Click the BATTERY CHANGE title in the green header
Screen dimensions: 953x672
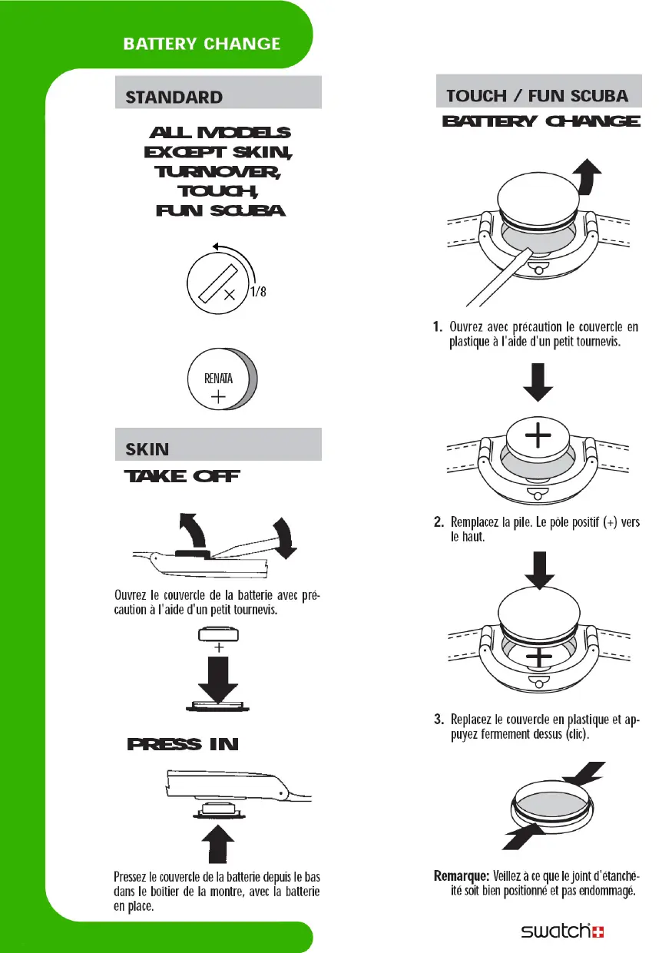[x=202, y=44]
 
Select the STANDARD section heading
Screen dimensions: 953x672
[x=174, y=98]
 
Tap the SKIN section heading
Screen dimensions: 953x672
[x=147, y=448]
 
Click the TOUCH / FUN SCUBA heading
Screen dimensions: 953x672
[x=538, y=96]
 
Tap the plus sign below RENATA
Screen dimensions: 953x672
[x=219, y=397]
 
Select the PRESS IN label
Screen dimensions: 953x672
[x=183, y=744]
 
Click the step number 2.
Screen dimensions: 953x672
[x=439, y=523]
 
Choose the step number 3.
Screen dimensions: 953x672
[x=439, y=720]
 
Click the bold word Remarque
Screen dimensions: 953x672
[x=458, y=875]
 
